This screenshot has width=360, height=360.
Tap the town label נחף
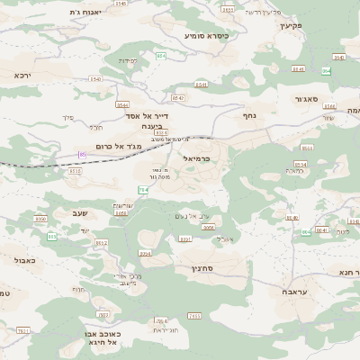pyautogui.click(x=249, y=115)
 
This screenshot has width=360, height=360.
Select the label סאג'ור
pyautogui.click(x=306, y=100)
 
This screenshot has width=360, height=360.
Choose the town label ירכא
pyautogui.click(x=22, y=76)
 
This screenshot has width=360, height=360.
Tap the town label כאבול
pyautogui.click(x=26, y=259)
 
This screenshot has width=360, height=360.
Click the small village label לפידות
pyautogui.click(x=128, y=61)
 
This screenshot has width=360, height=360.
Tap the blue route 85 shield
pyautogui.click(x=82, y=155)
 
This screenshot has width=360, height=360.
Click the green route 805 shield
pyautogui.click(x=51, y=237)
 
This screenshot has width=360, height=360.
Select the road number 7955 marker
pyautogui.click(x=209, y=229)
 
